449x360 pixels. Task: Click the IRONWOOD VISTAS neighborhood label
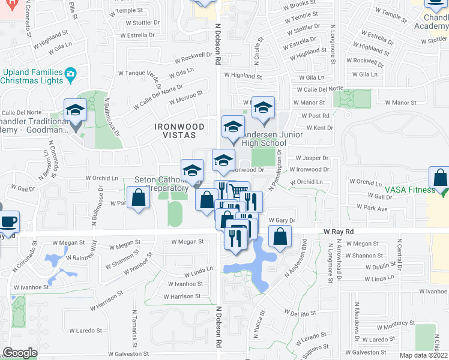click(x=179, y=131)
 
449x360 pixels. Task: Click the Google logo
click(x=20, y=353)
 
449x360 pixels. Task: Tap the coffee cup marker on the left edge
click(x=8, y=221)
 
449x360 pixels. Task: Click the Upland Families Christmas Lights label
click(x=33, y=77)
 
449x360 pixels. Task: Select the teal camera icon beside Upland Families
click(x=71, y=76)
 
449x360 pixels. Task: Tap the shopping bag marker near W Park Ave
click(x=138, y=197)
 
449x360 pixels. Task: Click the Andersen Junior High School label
click(x=264, y=139)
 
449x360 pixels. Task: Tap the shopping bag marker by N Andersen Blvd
click(x=280, y=236)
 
